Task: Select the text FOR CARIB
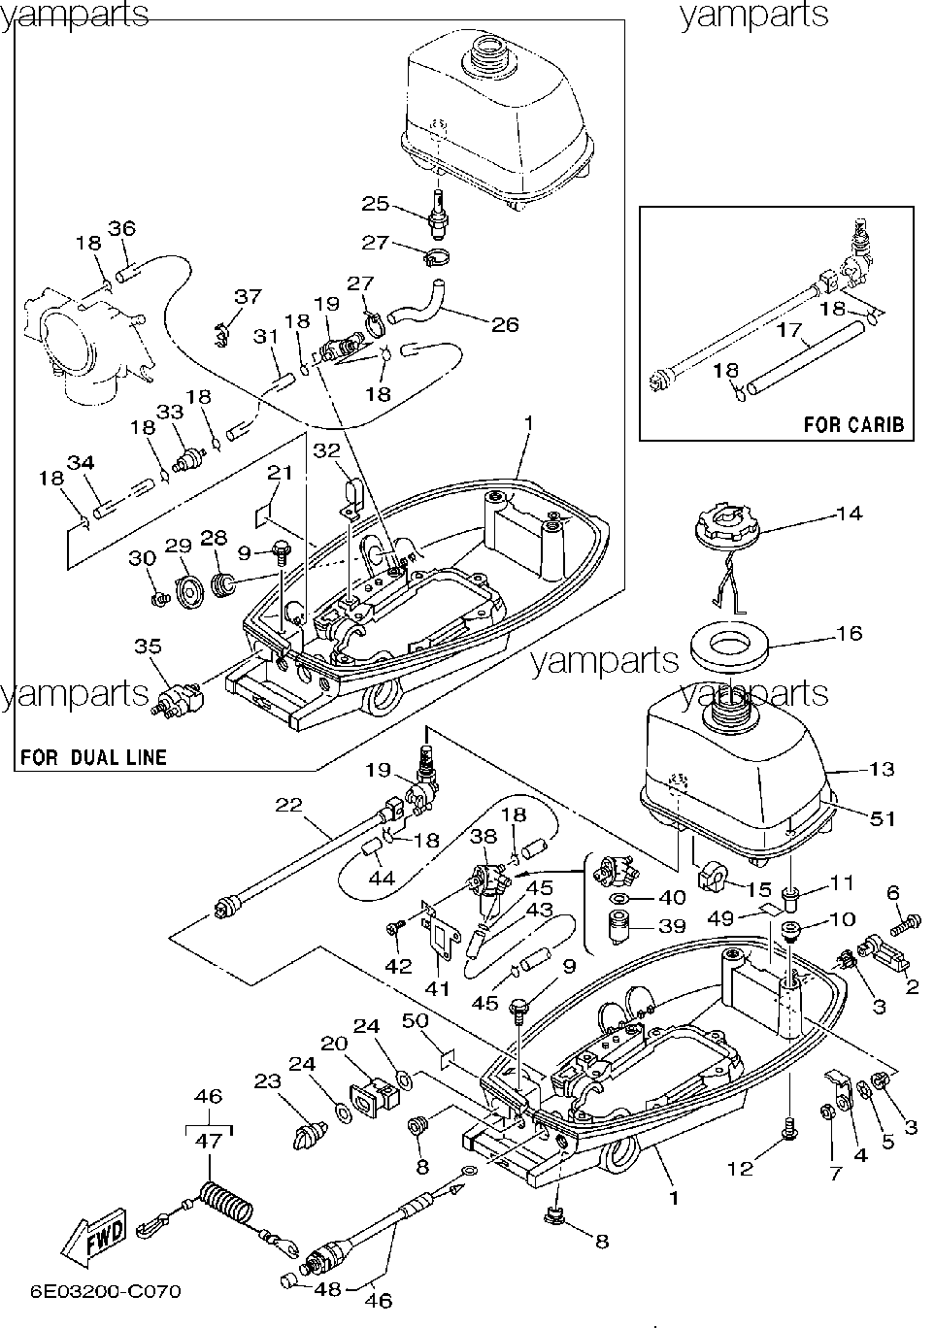853,424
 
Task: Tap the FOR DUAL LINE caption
93,757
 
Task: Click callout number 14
849,513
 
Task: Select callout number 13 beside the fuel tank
881,768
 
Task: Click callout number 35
148,646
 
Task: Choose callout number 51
883,818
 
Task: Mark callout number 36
122,228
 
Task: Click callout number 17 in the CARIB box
789,330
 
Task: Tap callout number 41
438,988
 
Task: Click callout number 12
740,1168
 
